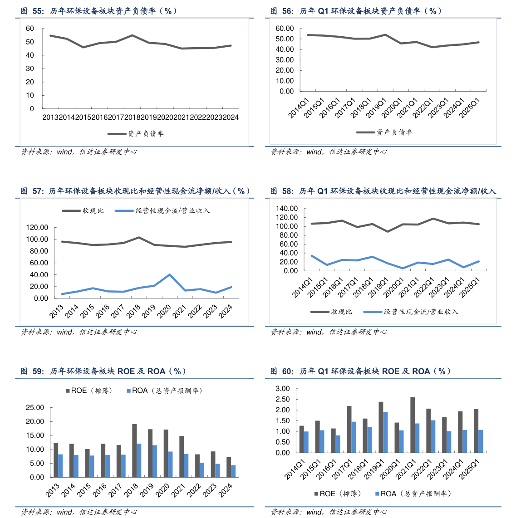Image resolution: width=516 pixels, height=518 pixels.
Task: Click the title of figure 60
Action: tap(360, 371)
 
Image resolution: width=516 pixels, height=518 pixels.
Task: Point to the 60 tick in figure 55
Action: tap(30, 29)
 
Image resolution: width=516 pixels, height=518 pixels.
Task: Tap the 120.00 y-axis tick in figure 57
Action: tap(38, 228)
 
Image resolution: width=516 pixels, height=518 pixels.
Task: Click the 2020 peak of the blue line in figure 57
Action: tap(169, 274)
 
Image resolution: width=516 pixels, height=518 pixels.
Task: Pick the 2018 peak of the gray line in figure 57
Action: tap(138, 237)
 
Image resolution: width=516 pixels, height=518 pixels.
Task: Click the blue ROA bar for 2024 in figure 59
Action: tap(233, 471)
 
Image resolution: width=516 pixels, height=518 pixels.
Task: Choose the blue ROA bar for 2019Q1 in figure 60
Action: tap(386, 432)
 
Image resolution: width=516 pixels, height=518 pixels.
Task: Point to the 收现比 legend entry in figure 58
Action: tap(331, 312)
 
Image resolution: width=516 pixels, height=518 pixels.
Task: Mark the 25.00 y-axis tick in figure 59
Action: tap(34, 408)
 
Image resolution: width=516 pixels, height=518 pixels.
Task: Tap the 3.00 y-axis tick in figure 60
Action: tap(282, 389)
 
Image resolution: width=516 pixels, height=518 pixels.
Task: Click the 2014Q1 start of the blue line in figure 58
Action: tap(311, 255)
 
